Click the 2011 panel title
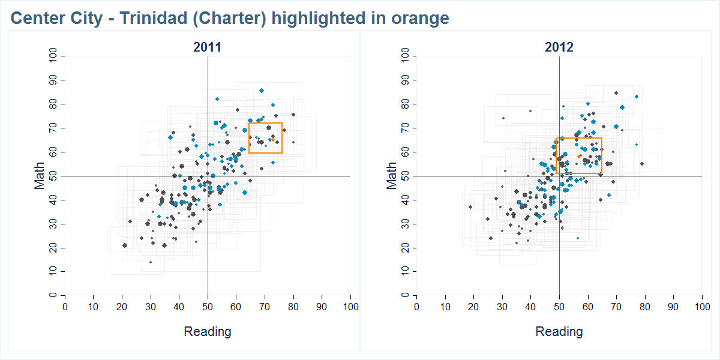point(207,47)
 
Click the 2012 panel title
point(559,47)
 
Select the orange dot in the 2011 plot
point(272,139)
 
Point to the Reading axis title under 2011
point(207,331)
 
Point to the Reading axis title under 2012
point(559,331)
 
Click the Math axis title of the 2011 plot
point(40,176)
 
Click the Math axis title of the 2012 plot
point(392,176)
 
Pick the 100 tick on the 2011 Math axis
point(53,56)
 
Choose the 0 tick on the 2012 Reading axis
point(416,307)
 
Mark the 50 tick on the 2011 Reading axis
point(208,307)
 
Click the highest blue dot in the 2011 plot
point(262,91)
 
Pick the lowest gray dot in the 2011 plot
point(151,262)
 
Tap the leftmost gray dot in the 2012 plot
point(470,207)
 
